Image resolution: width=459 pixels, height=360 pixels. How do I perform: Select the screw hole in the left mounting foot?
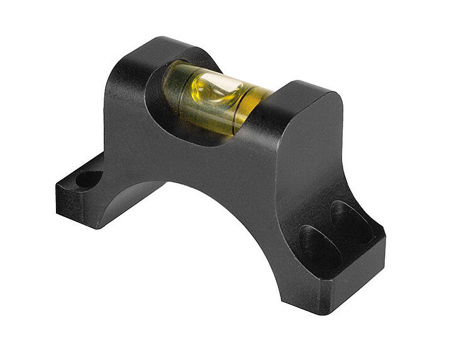click(89, 180)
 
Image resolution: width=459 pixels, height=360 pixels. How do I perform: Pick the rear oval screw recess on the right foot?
click(351, 221)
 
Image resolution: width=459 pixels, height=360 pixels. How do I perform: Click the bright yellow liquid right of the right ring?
click(255, 101)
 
